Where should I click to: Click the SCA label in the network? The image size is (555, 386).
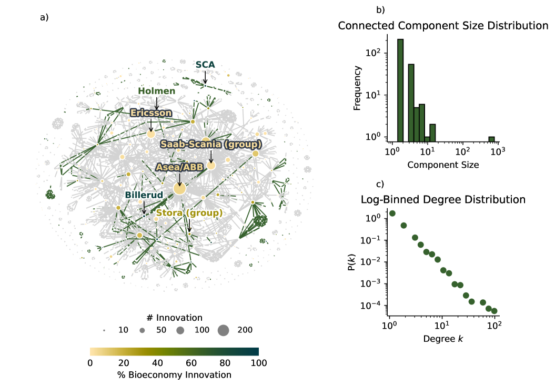point(205,65)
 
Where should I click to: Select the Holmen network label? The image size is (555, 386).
point(156,92)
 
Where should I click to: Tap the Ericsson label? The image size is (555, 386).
point(150,113)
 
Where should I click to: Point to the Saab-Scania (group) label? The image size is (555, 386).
point(211,144)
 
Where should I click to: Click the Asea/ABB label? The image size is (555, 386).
point(179,167)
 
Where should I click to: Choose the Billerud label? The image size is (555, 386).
point(144,195)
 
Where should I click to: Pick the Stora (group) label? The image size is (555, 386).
point(189,213)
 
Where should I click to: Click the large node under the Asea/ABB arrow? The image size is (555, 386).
point(179,189)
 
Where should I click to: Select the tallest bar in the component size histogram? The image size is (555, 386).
point(400,89)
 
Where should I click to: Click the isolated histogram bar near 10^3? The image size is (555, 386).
point(491,139)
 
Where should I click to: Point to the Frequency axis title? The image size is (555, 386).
point(357,87)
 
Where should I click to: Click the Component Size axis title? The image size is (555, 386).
point(443,165)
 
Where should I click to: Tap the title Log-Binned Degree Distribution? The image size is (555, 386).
point(443,200)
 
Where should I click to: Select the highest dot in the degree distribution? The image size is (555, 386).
point(392,214)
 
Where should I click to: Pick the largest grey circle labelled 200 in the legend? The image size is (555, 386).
point(224,330)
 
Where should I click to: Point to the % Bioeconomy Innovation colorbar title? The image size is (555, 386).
point(174,375)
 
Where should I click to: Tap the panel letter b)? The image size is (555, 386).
point(380,10)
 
